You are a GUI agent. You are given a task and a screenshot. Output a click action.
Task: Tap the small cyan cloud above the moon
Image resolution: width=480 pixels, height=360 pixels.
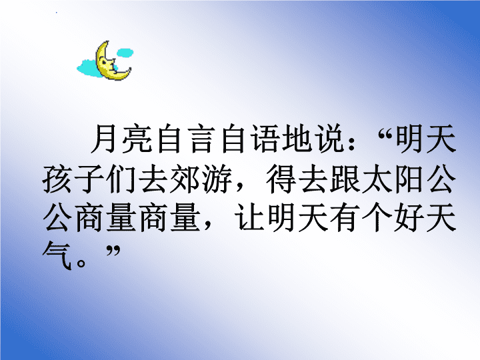[x=125, y=53]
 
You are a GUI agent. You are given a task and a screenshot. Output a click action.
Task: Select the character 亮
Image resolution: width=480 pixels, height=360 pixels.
[x=137, y=139]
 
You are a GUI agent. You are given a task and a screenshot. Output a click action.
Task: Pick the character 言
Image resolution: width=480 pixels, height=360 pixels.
[x=201, y=139]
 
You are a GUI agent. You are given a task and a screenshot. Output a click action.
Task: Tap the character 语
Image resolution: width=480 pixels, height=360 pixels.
[x=265, y=139]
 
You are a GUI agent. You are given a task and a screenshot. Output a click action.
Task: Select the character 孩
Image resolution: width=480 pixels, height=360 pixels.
[x=57, y=179]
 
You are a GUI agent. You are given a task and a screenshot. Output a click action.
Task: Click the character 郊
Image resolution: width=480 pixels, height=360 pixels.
[x=185, y=179]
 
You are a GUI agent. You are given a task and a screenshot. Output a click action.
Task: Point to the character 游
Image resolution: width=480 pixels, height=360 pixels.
[x=217, y=179]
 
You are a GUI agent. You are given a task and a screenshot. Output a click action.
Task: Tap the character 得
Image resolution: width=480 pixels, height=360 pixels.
[x=281, y=179]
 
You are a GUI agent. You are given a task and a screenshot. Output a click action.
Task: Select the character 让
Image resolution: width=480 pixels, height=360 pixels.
[x=249, y=218]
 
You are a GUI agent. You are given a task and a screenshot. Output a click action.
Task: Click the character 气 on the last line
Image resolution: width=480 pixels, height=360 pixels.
[x=57, y=257]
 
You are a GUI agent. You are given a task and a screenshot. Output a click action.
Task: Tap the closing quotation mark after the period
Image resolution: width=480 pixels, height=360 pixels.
[x=113, y=251]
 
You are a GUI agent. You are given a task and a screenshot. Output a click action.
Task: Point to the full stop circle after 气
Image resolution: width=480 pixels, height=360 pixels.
[x=81, y=263]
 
